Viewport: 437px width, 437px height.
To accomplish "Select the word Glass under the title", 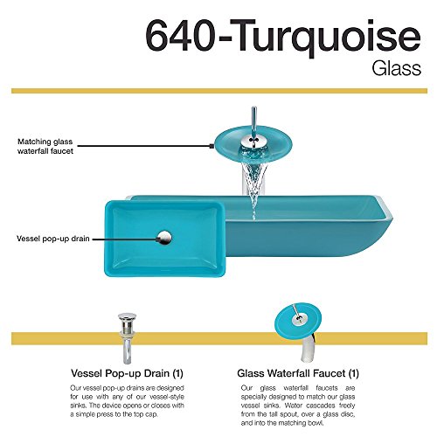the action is click(x=396, y=69).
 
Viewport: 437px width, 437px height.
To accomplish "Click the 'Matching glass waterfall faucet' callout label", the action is click(x=45, y=146).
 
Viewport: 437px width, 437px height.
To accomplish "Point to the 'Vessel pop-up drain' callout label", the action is click(x=53, y=239).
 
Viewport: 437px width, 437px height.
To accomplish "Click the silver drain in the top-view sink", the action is click(x=165, y=238).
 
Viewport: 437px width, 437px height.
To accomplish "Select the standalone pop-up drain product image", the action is click(x=127, y=338).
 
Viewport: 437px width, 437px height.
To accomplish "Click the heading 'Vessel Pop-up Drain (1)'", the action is click(x=127, y=373).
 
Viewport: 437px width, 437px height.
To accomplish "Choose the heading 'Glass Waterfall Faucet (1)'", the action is click(x=298, y=373).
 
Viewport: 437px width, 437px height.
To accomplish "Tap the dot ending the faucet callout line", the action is click(x=212, y=146).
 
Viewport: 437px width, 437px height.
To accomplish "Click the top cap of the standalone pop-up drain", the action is click(x=127, y=316).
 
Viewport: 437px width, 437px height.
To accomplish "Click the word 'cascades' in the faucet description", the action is click(x=321, y=406).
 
